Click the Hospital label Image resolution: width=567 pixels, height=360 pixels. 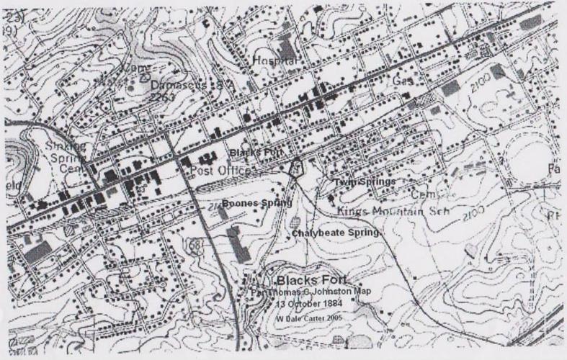point(274,62)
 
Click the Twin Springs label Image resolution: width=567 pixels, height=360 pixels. point(364,183)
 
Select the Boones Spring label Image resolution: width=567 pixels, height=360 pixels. point(256,204)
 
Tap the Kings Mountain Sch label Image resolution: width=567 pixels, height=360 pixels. point(390,211)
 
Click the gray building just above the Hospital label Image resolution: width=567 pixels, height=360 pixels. point(287,47)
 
